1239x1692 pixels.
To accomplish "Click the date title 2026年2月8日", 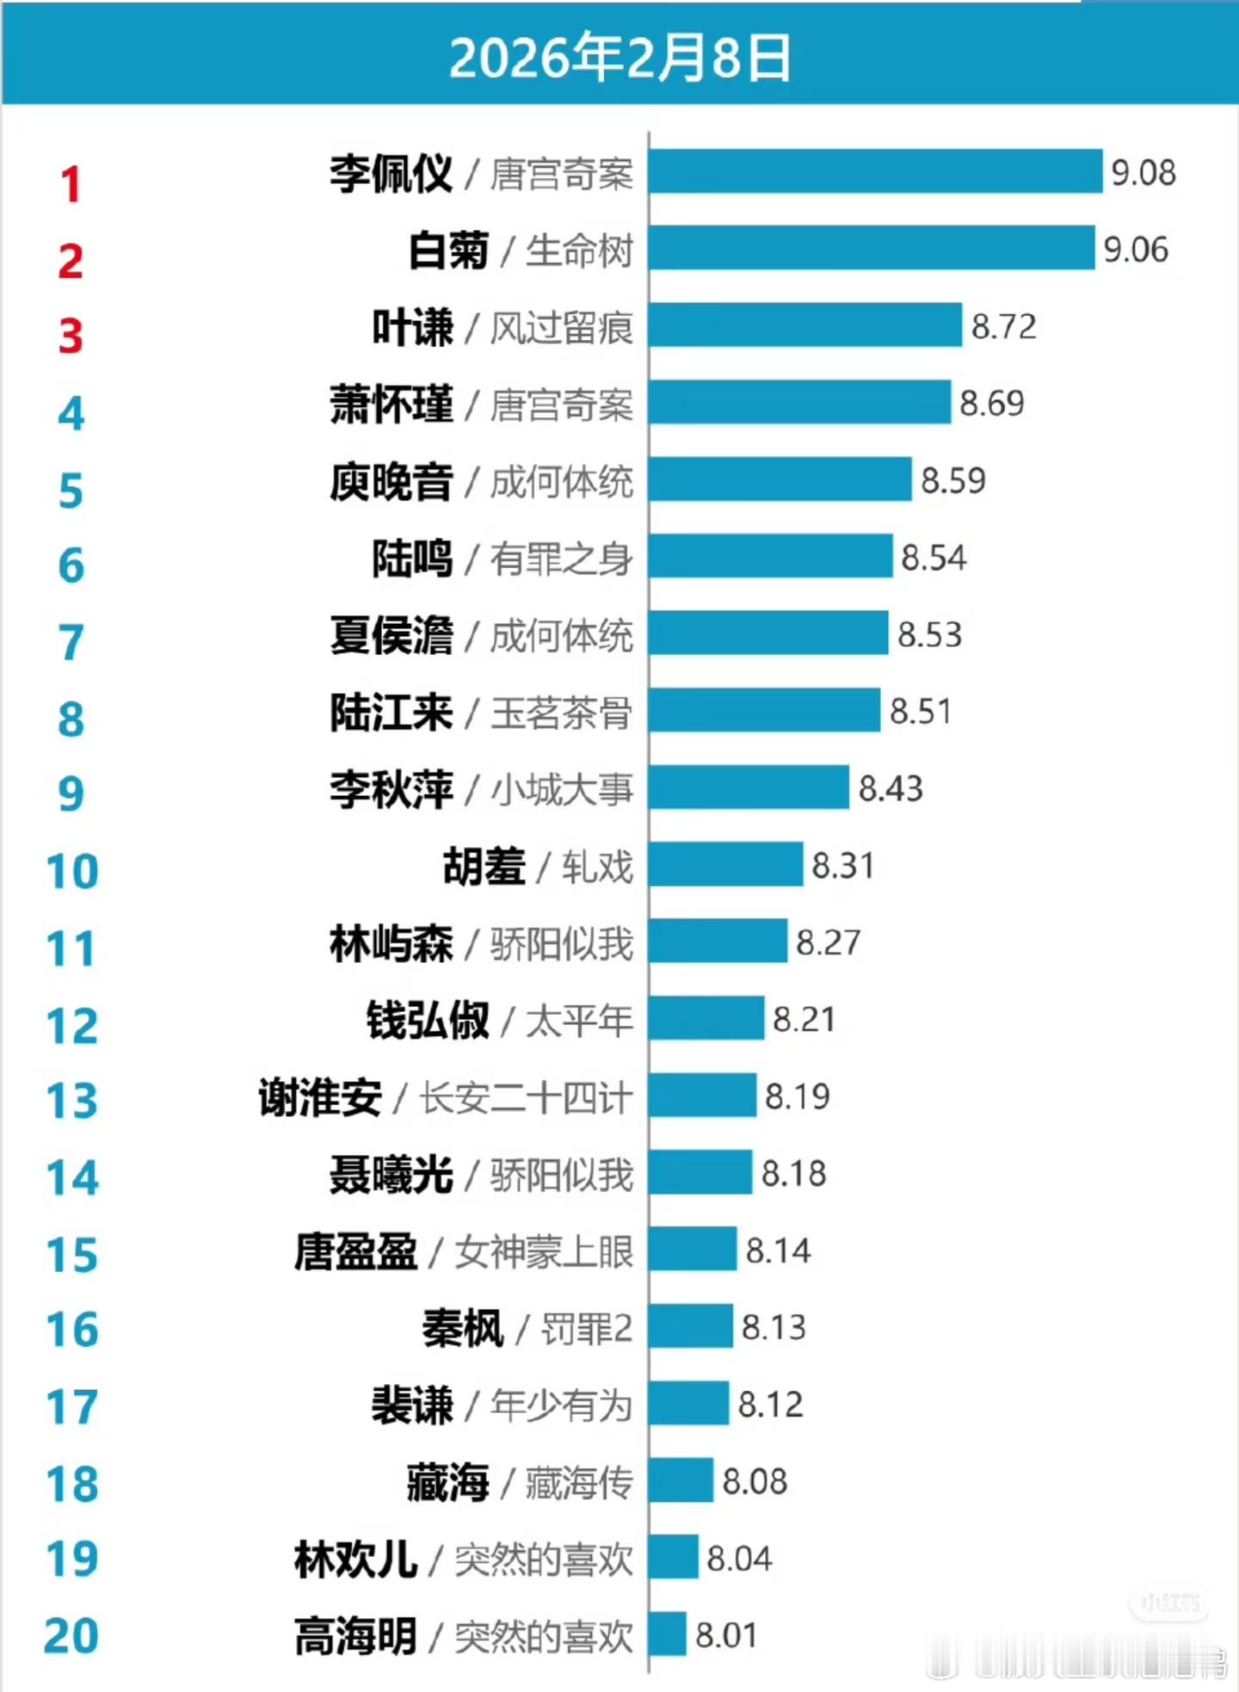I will click(x=619, y=59).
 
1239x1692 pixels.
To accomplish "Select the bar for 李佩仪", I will click(x=875, y=171).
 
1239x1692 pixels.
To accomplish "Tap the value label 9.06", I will click(x=1136, y=250).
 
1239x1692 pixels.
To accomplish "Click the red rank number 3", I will click(x=71, y=337).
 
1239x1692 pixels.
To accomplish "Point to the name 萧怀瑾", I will click(x=391, y=404).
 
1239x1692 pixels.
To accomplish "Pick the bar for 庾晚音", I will click(x=780, y=479).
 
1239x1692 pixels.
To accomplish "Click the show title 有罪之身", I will click(x=562, y=559).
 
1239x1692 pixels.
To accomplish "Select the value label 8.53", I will click(x=929, y=635).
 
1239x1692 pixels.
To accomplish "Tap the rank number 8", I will click(x=71, y=719).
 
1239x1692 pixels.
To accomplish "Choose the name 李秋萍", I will click(x=391, y=789).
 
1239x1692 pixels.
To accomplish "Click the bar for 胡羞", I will click(x=725, y=865).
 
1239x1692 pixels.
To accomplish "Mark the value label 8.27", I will click(x=828, y=942).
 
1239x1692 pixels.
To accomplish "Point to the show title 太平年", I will click(x=579, y=1021).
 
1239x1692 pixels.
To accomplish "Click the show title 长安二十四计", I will click(x=526, y=1098).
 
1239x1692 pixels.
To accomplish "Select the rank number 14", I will click(x=72, y=1178).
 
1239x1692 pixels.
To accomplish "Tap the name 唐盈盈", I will click(x=356, y=1251).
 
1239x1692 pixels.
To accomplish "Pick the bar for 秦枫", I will click(x=691, y=1326).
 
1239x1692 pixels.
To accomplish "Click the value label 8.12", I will click(x=770, y=1405).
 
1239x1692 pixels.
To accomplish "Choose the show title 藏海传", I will click(x=579, y=1483).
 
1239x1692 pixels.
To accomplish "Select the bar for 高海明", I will click(x=668, y=1634).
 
